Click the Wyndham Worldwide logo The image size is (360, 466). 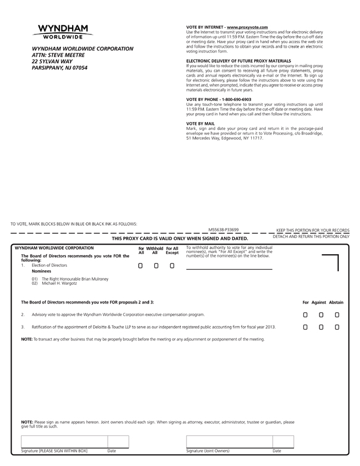click(x=62, y=32)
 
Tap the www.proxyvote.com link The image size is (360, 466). click(x=247, y=27)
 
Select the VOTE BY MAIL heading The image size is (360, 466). click(x=200, y=123)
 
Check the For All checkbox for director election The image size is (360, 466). click(x=141, y=266)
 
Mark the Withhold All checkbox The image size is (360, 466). click(x=156, y=266)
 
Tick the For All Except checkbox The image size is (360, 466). click(x=172, y=266)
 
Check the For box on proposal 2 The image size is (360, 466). click(x=305, y=315)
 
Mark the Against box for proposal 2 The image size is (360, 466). click(x=321, y=315)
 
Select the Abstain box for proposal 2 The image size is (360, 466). click(x=337, y=315)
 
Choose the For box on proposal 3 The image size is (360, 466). click(x=305, y=327)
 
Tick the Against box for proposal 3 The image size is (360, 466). click(x=321, y=327)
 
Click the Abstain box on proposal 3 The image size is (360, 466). click(x=337, y=327)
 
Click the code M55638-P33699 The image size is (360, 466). click(x=224, y=229)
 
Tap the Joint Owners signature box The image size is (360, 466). click(x=229, y=442)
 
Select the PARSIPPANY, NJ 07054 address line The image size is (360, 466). click(x=59, y=68)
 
